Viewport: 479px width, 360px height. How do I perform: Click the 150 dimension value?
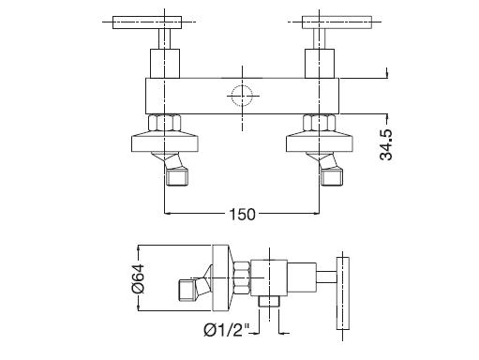coord(242,215)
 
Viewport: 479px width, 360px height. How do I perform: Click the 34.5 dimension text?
coord(386,144)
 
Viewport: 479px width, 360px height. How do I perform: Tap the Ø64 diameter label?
coord(138,278)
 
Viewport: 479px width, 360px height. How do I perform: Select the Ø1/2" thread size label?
coord(227,330)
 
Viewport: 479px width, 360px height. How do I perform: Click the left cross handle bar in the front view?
coord(147,22)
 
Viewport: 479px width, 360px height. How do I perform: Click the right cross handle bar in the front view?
coord(337,22)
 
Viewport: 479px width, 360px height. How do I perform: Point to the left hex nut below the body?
coord(165,123)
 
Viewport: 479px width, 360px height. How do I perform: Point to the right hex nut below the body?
coord(320,123)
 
